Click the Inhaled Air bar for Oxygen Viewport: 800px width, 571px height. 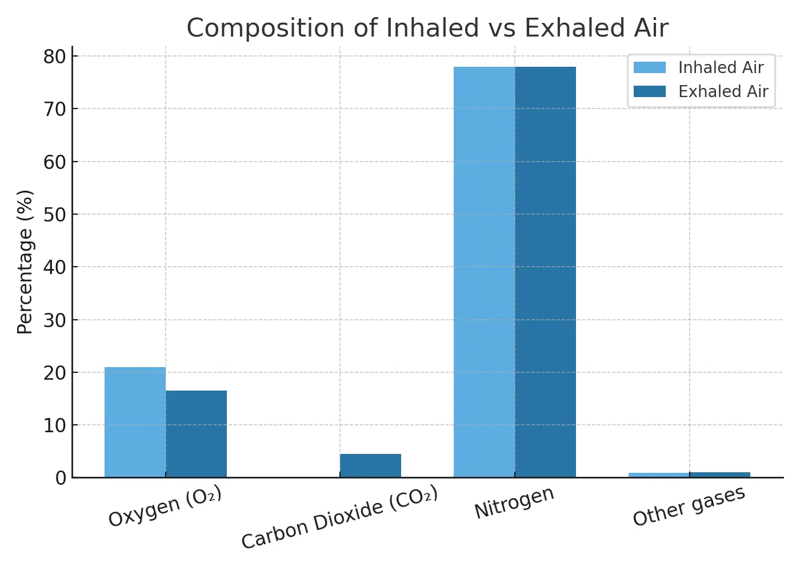[x=135, y=422]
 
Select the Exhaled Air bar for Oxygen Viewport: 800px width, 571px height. [x=196, y=434]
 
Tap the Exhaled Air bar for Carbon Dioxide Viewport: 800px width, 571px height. [x=370, y=465]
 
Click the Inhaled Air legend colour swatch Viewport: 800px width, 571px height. [x=650, y=67]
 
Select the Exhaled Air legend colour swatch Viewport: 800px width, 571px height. [x=650, y=91]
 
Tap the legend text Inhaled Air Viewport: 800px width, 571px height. [x=721, y=67]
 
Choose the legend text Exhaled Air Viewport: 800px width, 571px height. [x=723, y=91]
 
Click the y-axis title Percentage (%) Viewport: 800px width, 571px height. [x=25, y=262]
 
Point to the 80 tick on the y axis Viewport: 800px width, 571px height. [x=55, y=57]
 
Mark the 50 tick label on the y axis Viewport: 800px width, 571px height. [x=55, y=215]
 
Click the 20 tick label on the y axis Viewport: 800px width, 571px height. [x=55, y=373]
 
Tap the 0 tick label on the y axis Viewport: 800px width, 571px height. [x=61, y=478]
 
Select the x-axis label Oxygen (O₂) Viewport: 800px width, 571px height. [x=165, y=506]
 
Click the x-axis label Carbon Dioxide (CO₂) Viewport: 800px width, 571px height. [x=339, y=517]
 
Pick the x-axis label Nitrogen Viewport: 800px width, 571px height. [x=514, y=503]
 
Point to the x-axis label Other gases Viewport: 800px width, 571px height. [x=689, y=506]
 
